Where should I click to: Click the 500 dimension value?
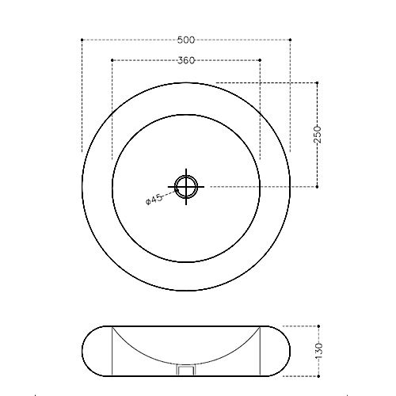187,39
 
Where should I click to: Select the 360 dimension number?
187,60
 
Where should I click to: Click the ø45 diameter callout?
154,200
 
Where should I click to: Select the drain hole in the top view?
187,187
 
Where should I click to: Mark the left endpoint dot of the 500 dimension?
83,39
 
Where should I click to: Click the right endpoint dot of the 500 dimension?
291,39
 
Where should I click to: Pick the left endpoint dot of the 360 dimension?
112,60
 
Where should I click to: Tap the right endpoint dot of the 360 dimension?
261,60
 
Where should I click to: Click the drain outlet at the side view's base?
187,370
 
